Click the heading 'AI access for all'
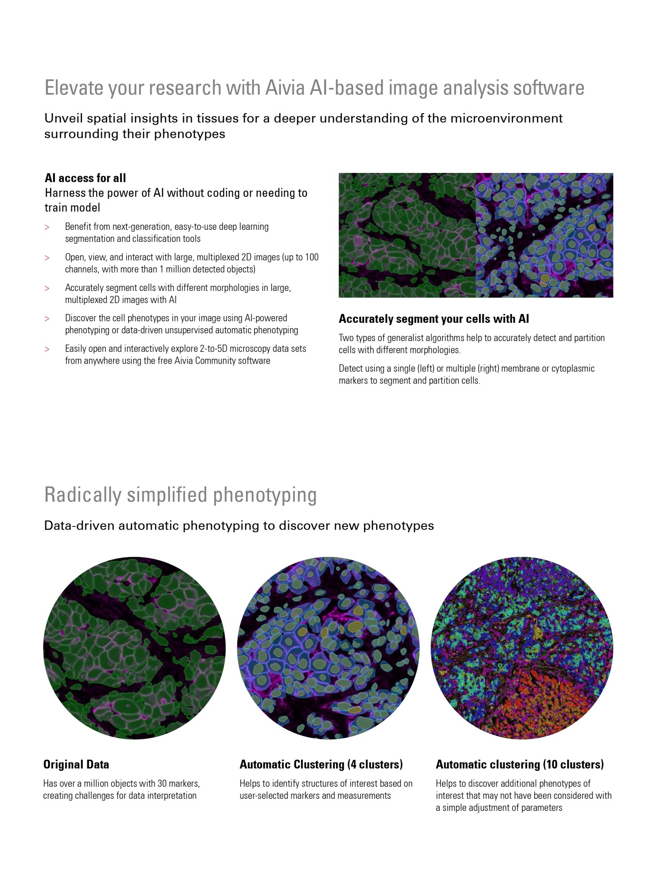[85, 178]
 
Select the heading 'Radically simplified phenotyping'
[180, 495]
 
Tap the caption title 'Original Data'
[76, 764]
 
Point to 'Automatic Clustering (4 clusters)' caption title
[321, 764]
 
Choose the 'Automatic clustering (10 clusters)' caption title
[520, 764]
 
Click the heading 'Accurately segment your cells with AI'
[434, 319]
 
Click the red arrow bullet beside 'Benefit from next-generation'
[47, 228]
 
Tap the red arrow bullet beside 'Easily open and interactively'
[47, 349]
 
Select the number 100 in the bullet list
[312, 257]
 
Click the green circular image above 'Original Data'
[134, 648]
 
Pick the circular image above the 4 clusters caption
[328, 648]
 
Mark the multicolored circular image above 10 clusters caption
[522, 648]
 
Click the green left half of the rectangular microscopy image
[407, 235]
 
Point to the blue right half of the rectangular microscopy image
[544, 235]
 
